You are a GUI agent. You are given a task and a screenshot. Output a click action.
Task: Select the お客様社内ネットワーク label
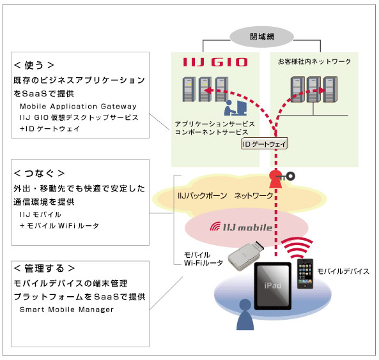[314, 63]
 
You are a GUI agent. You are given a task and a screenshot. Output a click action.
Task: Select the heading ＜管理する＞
[44, 268]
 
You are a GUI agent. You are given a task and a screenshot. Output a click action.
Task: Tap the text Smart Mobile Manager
[66, 310]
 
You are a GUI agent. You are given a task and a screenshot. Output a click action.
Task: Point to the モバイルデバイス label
[343, 271]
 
